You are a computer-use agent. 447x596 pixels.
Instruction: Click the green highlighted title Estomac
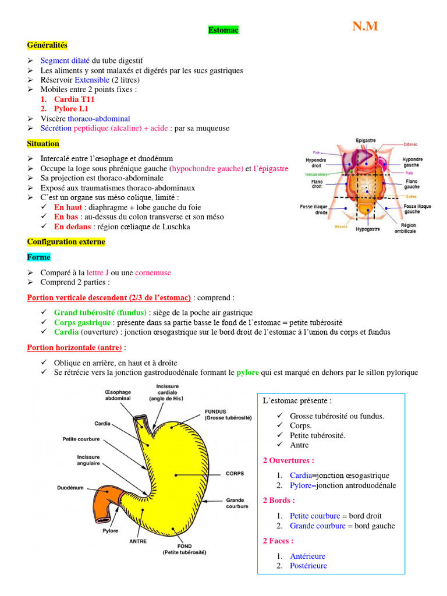[x=223, y=30]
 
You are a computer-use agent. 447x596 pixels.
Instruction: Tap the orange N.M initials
[x=365, y=26]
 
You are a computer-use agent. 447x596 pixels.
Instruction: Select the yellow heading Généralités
[x=47, y=45]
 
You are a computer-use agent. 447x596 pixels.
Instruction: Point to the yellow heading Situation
[x=43, y=143]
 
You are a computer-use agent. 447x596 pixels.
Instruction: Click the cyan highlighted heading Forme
[x=39, y=257]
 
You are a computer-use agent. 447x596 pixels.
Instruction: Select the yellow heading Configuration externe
[x=66, y=242]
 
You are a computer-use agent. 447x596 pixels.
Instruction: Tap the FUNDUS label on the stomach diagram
[x=215, y=411]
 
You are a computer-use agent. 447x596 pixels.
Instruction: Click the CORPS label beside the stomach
[x=235, y=473]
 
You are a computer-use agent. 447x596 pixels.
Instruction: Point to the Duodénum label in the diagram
[x=70, y=487]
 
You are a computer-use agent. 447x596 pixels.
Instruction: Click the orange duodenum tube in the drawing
[x=105, y=502]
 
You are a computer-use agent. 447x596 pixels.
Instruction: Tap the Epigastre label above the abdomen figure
[x=366, y=140]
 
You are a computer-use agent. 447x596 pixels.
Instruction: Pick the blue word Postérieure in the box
[x=308, y=566]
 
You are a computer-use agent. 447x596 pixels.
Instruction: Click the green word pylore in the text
[x=247, y=372]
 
